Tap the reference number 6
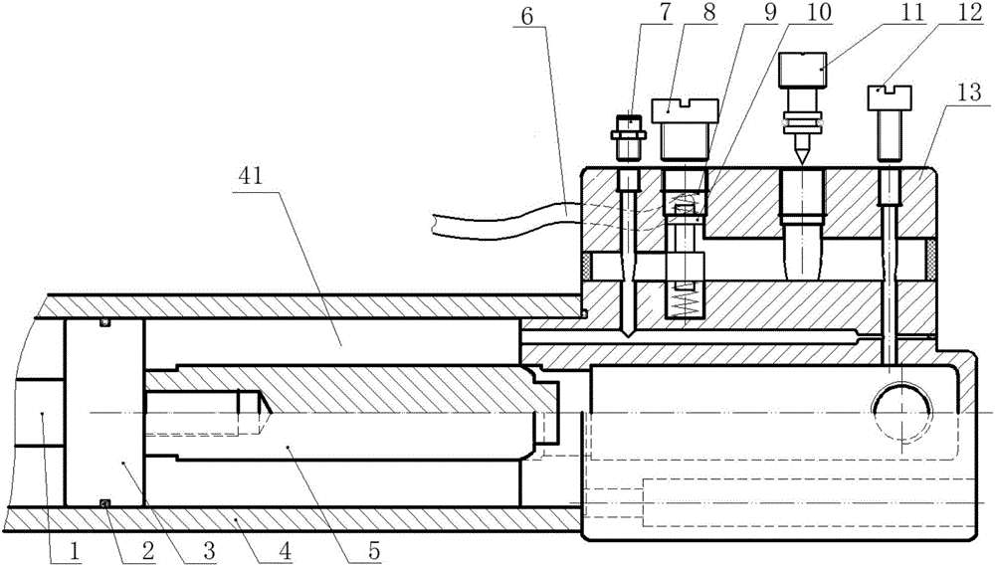[526, 16]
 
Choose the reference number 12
[971, 14]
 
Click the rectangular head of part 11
[803, 71]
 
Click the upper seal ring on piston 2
[105, 323]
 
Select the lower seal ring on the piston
[105, 503]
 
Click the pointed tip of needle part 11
[802, 164]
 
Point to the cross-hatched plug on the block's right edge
[931, 261]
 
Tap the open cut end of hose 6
[434, 225]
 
